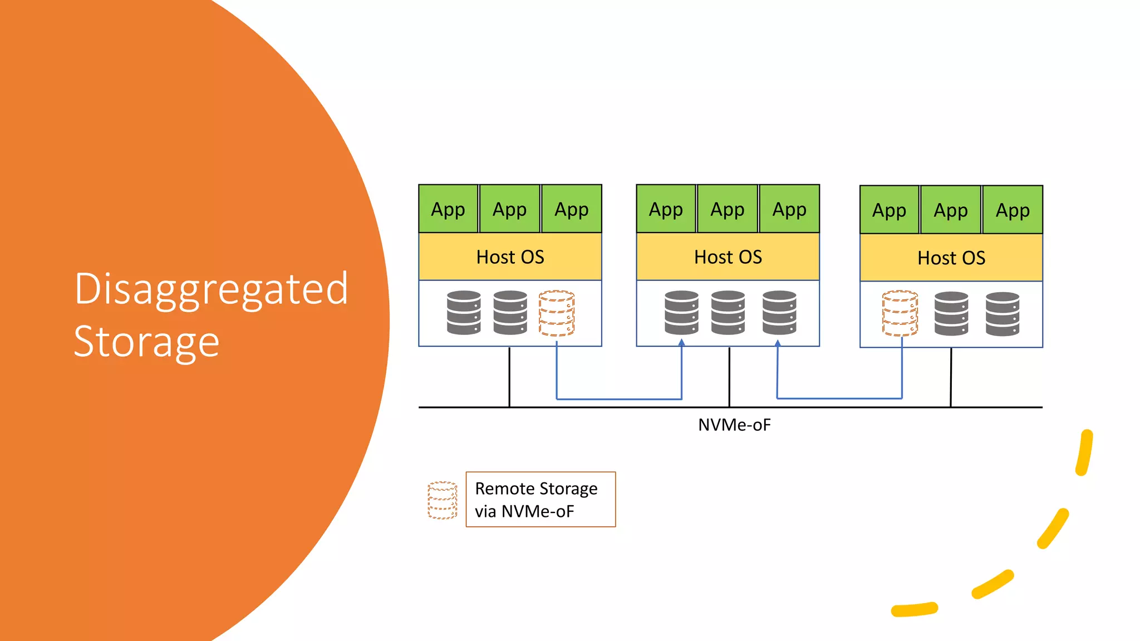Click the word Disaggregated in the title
[x=211, y=289]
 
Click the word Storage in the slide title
[x=146, y=342]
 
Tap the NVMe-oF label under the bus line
[x=734, y=425]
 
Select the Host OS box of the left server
[x=510, y=257]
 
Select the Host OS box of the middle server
[x=728, y=257]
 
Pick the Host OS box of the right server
[x=951, y=258]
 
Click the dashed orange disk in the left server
[x=557, y=313]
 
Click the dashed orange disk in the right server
[x=900, y=314]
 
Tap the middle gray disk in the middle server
[x=728, y=313]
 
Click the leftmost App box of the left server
[x=448, y=209]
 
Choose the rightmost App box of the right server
[x=1013, y=210]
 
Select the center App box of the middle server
[x=728, y=209]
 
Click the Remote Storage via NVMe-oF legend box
[x=540, y=499]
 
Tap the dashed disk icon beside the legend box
[x=443, y=500]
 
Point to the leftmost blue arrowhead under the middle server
[x=681, y=343]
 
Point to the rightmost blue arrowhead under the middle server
[x=778, y=343]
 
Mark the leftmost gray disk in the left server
[x=464, y=313]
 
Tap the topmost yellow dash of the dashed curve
[x=1085, y=452]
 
